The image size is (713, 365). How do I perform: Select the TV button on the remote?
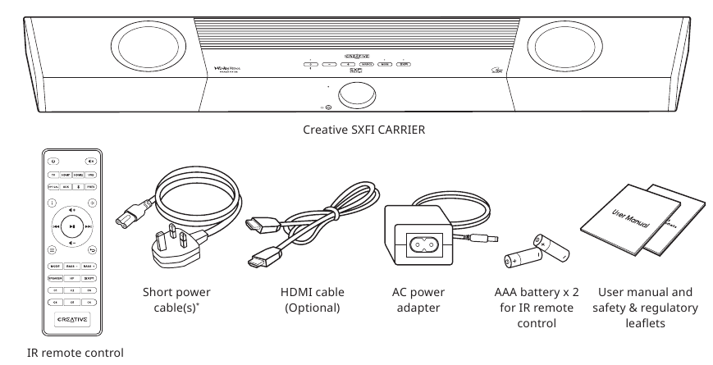[54, 176]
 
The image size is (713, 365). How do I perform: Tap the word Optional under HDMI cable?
[313, 308]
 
